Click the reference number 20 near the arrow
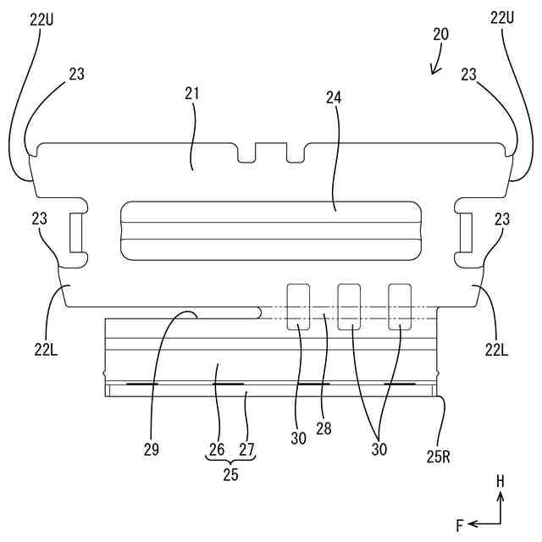pyautogui.click(x=440, y=35)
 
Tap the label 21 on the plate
pyautogui.click(x=192, y=93)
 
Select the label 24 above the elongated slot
pyautogui.click(x=334, y=97)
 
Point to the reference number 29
pyautogui.click(x=152, y=449)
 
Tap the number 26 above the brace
pyautogui.click(x=217, y=449)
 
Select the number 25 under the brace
pyautogui.click(x=230, y=475)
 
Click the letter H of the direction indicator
pyautogui.click(x=501, y=481)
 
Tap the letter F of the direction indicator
pyautogui.click(x=460, y=525)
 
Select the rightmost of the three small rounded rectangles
pyautogui.click(x=399, y=306)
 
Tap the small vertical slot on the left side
pyautogui.click(x=75, y=233)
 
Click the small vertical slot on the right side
pyautogui.click(x=466, y=233)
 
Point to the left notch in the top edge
pyautogui.click(x=247, y=152)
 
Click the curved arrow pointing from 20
pyautogui.click(x=435, y=62)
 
